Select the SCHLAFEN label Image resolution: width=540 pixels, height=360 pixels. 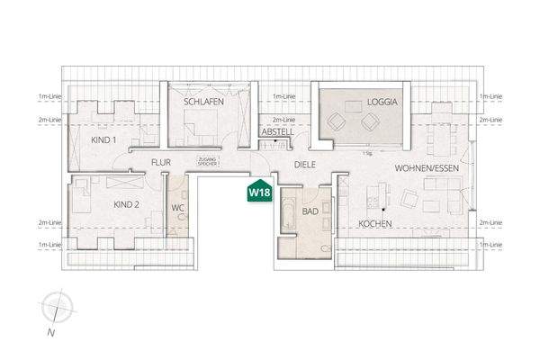[203, 103]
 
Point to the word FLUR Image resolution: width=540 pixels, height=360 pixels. [161, 162]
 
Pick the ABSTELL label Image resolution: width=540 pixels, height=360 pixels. [277, 131]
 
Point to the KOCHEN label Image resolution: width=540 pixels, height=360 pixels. [375, 222]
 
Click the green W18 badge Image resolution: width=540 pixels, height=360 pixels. [259, 191]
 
